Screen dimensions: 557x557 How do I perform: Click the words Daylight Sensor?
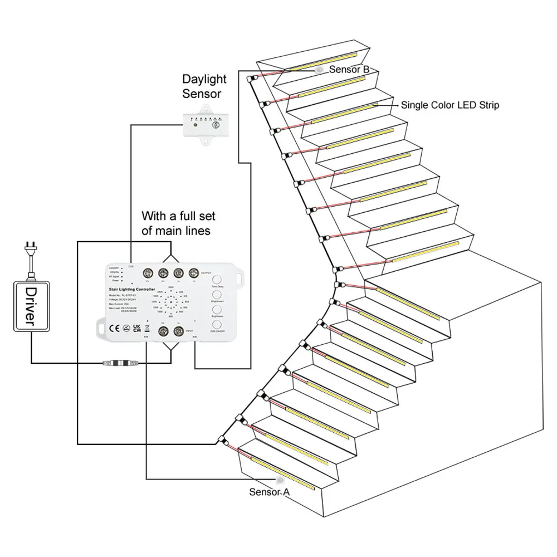pos(202,86)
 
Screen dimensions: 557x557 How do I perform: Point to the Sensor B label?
pos(349,70)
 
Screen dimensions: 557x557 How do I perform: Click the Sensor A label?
pos(270,492)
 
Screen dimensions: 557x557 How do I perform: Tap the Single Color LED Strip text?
pos(450,105)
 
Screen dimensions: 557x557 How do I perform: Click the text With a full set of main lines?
pos(178,223)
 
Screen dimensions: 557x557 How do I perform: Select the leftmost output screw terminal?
pos(149,273)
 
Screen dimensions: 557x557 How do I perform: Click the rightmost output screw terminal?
pos(194,273)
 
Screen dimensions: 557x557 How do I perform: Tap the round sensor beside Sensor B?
pos(320,70)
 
